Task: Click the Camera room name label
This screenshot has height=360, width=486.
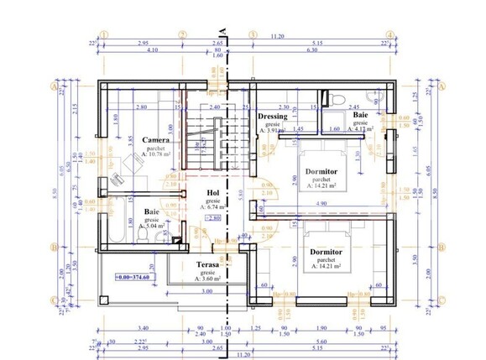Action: point(157,140)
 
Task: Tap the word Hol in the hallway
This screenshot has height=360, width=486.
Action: point(212,192)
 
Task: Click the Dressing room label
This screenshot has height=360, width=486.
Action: point(273,117)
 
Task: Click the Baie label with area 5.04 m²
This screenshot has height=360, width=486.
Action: point(152,212)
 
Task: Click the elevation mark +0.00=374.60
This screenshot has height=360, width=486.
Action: point(126,278)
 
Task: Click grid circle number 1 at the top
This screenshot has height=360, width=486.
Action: point(102,35)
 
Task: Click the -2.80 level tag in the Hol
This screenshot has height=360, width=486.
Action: point(216,217)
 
